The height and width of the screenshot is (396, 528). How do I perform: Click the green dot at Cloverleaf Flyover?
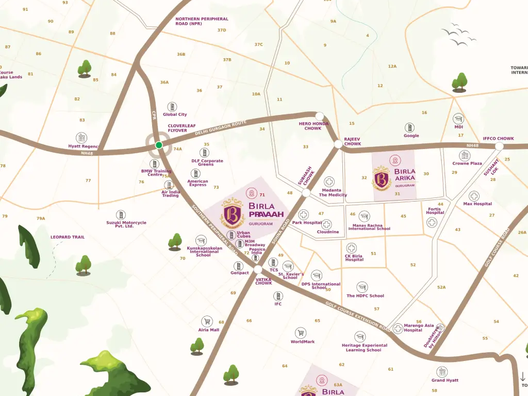point(159,145)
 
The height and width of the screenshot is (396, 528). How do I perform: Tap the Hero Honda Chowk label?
point(313,126)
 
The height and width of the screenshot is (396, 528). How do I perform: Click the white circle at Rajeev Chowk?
point(338,144)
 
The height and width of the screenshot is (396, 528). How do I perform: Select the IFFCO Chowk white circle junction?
point(499,146)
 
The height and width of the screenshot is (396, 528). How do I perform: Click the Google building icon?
point(409,127)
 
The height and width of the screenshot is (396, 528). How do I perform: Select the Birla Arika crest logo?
point(382,178)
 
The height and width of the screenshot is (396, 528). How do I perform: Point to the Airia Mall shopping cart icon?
point(207,321)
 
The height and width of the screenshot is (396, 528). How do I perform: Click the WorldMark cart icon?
point(301,333)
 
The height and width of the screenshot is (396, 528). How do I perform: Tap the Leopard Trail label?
point(68,237)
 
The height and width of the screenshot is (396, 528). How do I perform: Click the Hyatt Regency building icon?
point(81,138)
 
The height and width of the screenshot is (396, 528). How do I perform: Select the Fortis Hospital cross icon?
point(432,222)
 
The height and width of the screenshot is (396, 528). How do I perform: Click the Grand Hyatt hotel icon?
point(442,372)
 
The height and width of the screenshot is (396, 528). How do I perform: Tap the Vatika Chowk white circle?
point(258,270)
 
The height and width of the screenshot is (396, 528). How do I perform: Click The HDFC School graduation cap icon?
point(362,287)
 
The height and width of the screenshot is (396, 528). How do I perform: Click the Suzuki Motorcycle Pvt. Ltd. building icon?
point(121,214)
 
